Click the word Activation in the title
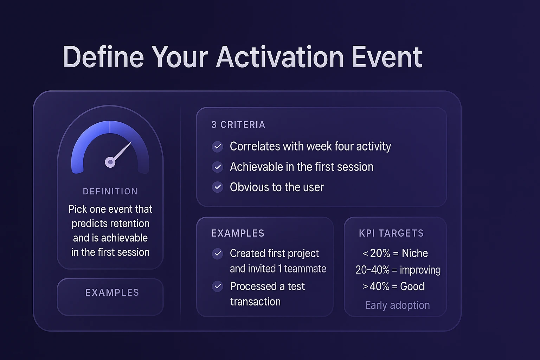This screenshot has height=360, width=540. click(x=280, y=57)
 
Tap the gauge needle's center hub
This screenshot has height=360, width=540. click(x=110, y=162)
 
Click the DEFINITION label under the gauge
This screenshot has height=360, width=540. click(x=110, y=192)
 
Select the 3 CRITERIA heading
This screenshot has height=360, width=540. click(x=238, y=125)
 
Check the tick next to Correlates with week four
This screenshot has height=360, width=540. click(x=218, y=147)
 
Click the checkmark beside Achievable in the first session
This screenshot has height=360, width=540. click(x=218, y=167)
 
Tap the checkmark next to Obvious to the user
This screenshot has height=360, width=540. click(x=218, y=187)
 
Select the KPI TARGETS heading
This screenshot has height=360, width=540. click(x=391, y=233)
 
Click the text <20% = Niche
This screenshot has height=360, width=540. click(x=395, y=253)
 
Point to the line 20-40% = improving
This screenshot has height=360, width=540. click(x=398, y=270)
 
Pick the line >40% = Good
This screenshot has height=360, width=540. click(x=393, y=287)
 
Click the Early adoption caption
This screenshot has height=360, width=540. click(x=397, y=305)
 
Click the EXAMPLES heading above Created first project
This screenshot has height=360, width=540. click(x=238, y=233)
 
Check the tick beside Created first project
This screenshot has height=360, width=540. click(x=218, y=253)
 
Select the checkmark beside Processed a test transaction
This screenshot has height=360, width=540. click(x=218, y=287)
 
